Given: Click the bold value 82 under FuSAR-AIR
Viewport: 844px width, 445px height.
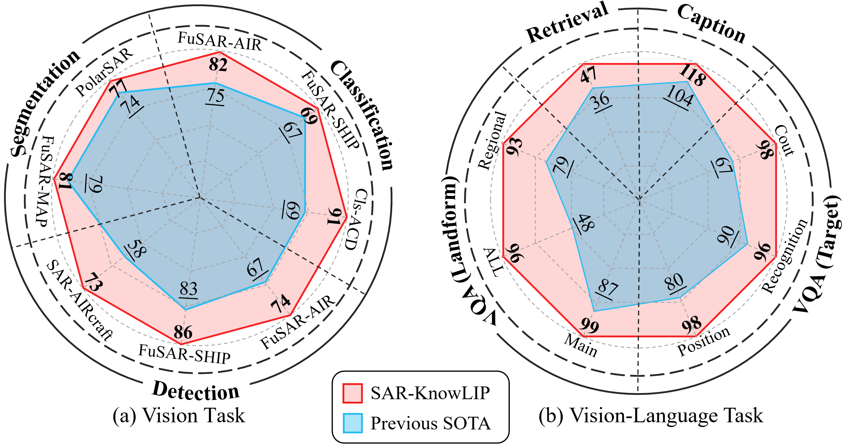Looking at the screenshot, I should point(218,64).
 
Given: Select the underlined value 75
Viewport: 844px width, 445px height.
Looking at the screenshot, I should point(215,96).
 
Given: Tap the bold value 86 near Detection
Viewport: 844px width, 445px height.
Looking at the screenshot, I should point(183,332).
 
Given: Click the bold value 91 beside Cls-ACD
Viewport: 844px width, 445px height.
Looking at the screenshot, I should point(334,217).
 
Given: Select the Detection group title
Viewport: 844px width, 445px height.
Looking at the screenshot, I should point(196,391).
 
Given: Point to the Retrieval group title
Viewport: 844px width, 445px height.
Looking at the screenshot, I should point(568,23).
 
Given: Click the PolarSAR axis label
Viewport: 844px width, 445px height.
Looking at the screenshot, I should point(104,72).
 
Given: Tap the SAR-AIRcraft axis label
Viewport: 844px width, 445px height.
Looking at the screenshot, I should point(79,300).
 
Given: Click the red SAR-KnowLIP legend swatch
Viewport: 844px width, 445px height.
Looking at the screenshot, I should point(352,393).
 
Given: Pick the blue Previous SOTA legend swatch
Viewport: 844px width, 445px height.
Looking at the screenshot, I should point(352,423).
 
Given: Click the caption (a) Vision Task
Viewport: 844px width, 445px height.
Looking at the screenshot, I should point(179,416).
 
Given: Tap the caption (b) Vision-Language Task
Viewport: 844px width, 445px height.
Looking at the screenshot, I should point(651,416).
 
